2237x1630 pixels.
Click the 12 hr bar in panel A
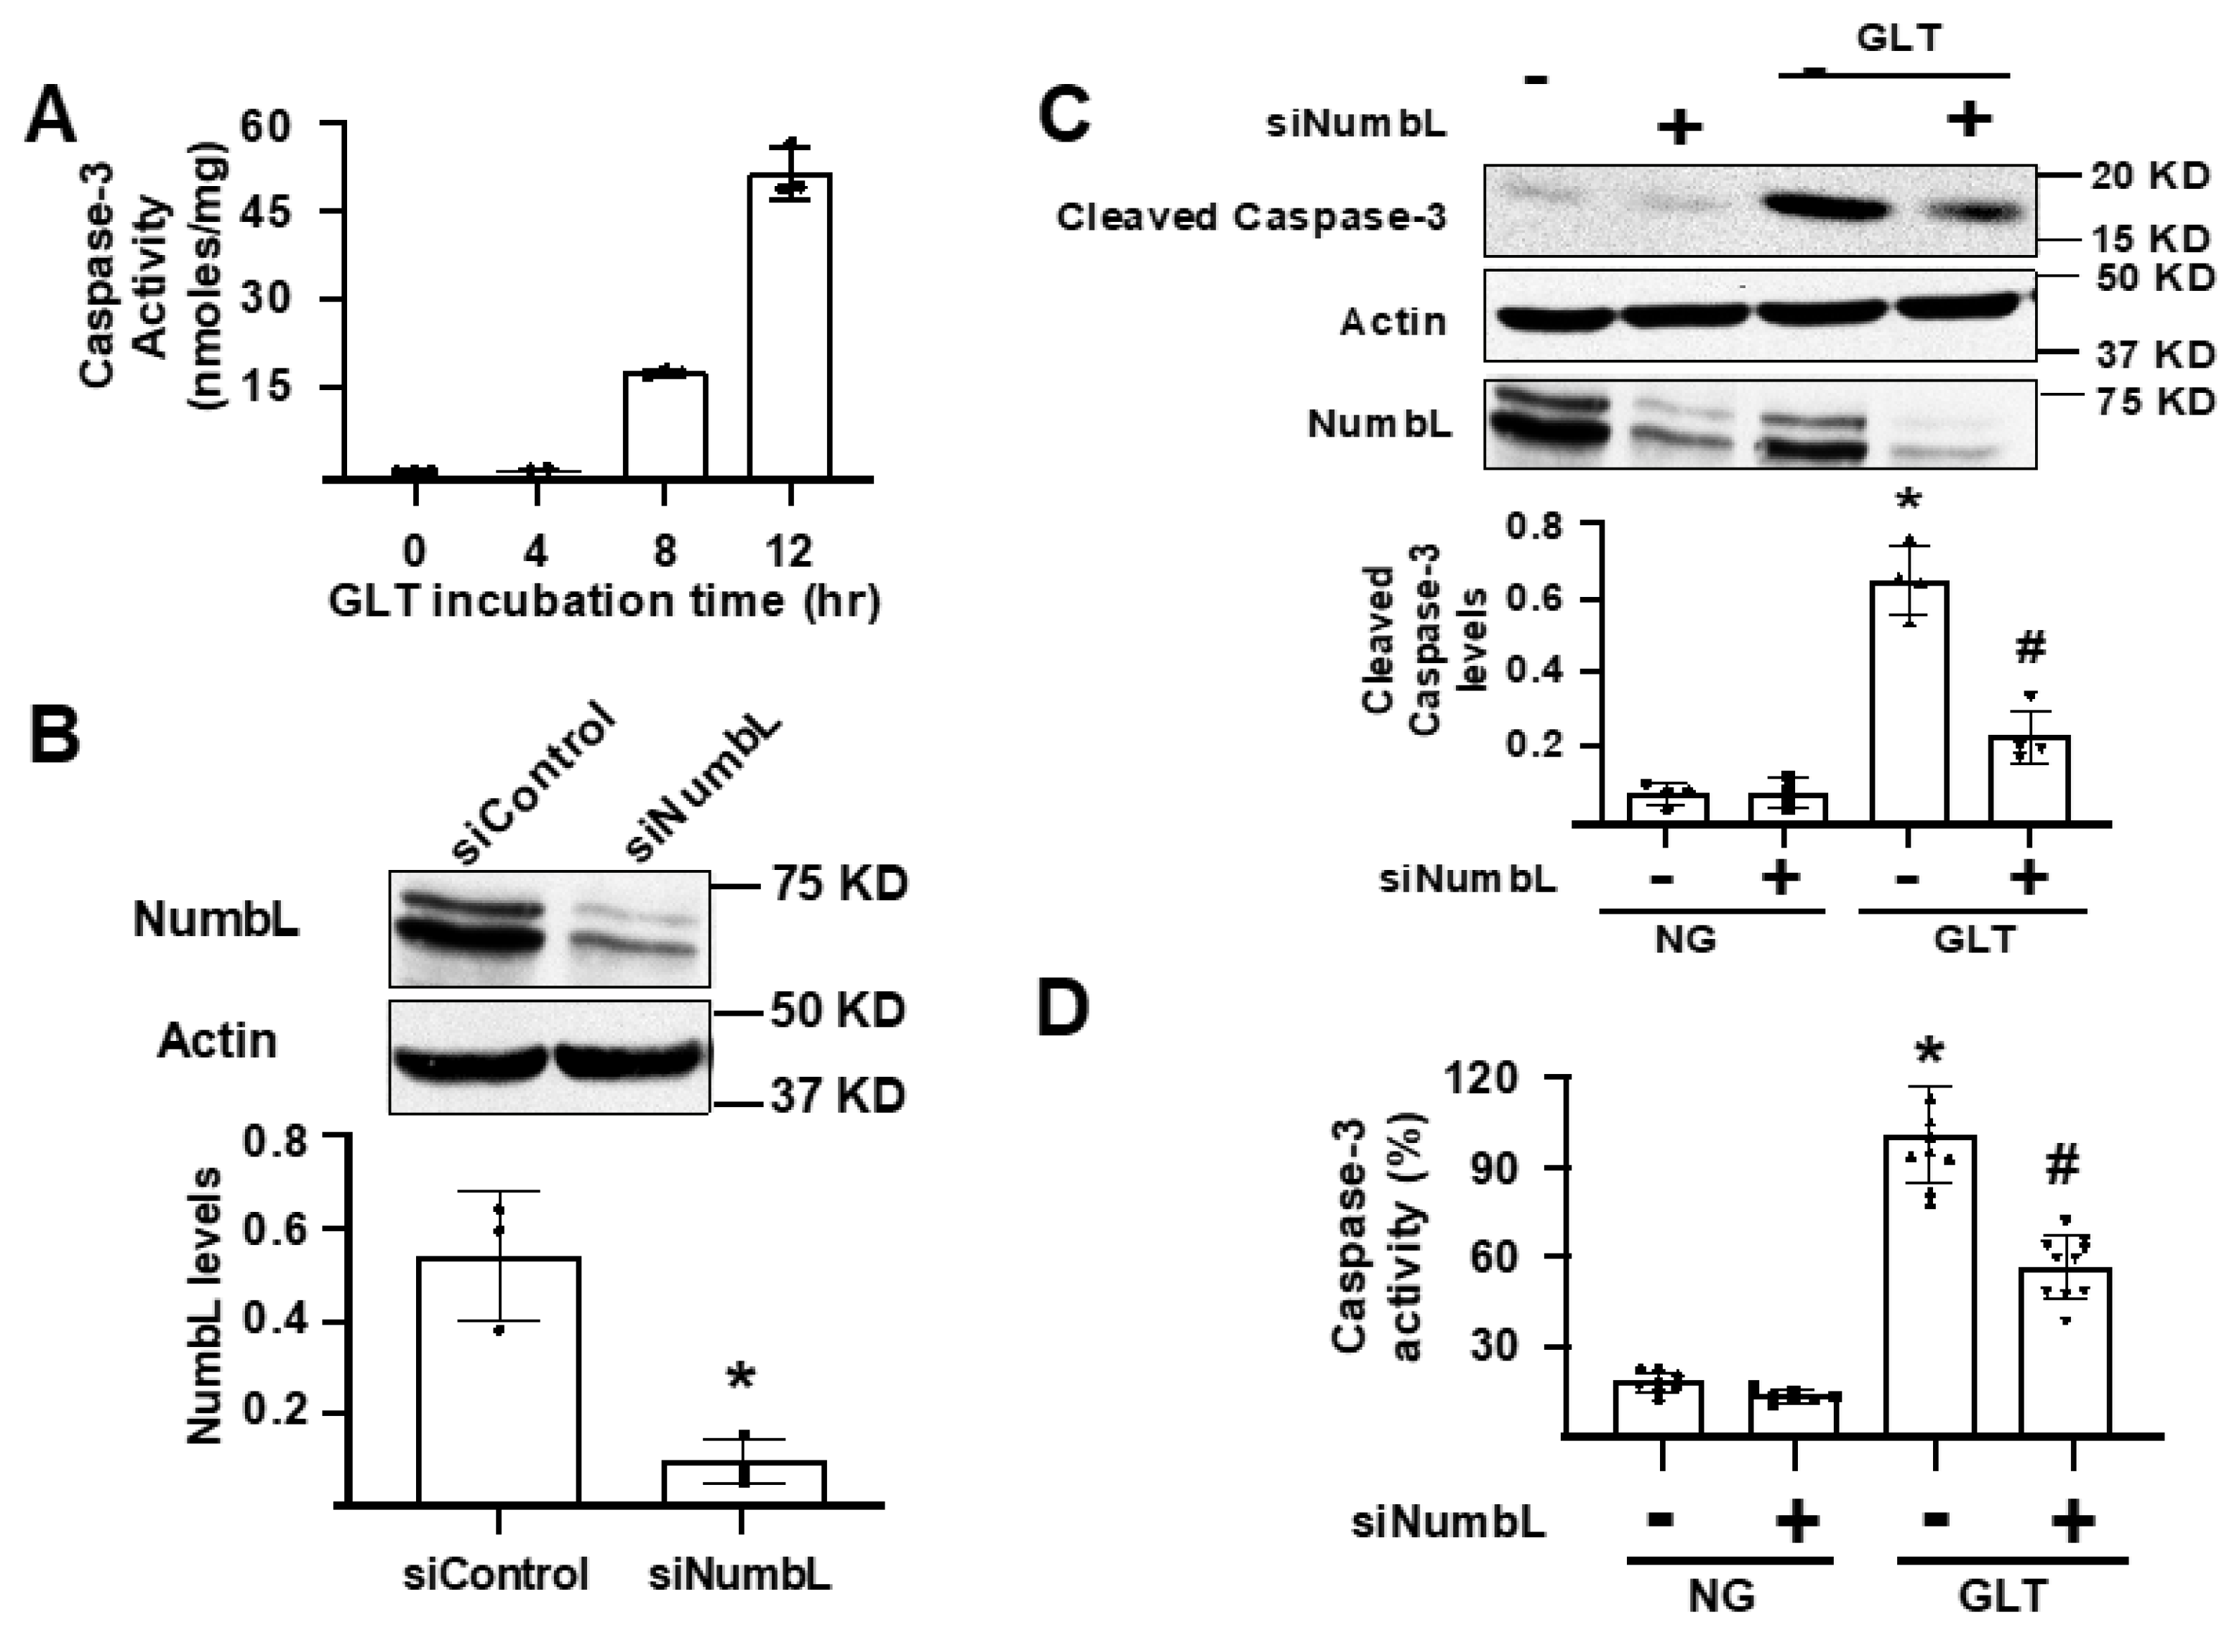pyautogui.click(x=790, y=325)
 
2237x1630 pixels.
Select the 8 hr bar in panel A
pyautogui.click(x=665, y=425)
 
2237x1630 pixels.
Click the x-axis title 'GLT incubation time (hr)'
pyautogui.click(x=604, y=601)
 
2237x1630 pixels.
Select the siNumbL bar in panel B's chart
pyautogui.click(x=743, y=1482)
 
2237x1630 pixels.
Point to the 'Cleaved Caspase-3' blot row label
pyautogui.click(x=1251, y=217)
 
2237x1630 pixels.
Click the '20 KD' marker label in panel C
pyautogui.click(x=2151, y=177)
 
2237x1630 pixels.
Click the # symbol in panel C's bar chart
pyautogui.click(x=2030, y=647)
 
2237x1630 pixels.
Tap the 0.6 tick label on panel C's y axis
pyautogui.click(x=1534, y=599)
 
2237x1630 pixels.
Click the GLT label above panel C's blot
pyautogui.click(x=1899, y=37)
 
